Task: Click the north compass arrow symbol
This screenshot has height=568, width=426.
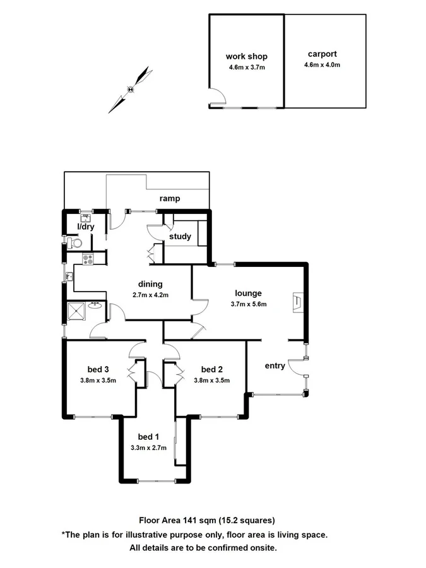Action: [x=131, y=89]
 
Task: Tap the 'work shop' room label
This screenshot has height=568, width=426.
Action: [x=247, y=56]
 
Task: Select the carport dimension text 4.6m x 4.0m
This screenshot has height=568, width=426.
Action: [x=322, y=65]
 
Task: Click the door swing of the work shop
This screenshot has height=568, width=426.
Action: [x=216, y=97]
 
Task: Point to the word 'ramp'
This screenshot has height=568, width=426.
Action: [x=169, y=199]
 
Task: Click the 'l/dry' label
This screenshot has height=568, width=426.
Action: [x=85, y=227]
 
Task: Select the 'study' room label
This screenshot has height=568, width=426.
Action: [x=180, y=237]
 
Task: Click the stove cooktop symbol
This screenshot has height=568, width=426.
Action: [x=88, y=258]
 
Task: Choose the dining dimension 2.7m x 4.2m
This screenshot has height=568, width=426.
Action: [x=151, y=295]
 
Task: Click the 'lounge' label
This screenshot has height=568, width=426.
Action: [x=248, y=293]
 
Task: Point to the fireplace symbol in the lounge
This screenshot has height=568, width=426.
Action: [x=297, y=302]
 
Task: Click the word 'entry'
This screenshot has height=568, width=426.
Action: [x=275, y=365]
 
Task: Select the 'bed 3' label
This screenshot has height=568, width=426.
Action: [x=98, y=369]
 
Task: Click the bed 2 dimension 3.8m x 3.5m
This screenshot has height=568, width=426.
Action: [x=211, y=380]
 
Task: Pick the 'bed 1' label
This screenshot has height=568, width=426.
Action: [x=149, y=437]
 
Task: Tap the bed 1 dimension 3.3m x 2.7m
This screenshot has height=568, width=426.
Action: [x=148, y=447]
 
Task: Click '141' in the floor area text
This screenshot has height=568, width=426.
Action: [x=190, y=521]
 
